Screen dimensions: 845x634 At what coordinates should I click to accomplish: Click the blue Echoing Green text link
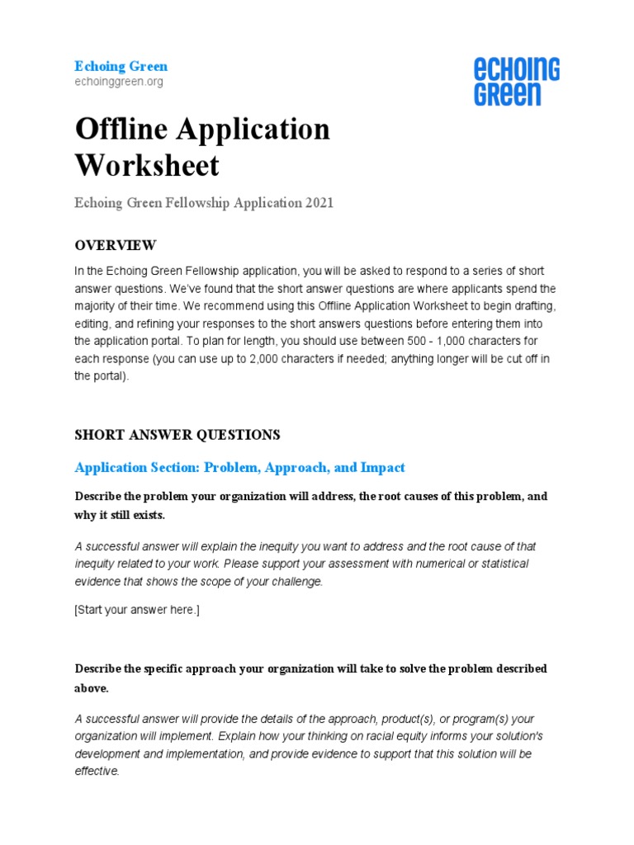[121, 66]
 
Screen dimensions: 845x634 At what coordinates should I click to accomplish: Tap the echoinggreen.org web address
[119, 82]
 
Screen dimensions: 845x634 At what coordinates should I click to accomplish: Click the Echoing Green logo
[517, 82]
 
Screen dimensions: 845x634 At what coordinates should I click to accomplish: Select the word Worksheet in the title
[147, 165]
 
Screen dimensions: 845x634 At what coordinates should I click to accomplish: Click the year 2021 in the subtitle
[317, 203]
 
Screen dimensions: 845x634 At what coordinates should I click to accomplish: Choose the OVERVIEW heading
[115, 245]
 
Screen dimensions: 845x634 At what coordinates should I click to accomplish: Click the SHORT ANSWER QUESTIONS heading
[177, 434]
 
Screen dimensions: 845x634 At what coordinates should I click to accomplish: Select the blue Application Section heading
[239, 467]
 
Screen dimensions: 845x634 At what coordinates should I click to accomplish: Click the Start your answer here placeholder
[137, 610]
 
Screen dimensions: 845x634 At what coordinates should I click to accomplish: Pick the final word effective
[97, 772]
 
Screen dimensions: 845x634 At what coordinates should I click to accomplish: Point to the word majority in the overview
[96, 305]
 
